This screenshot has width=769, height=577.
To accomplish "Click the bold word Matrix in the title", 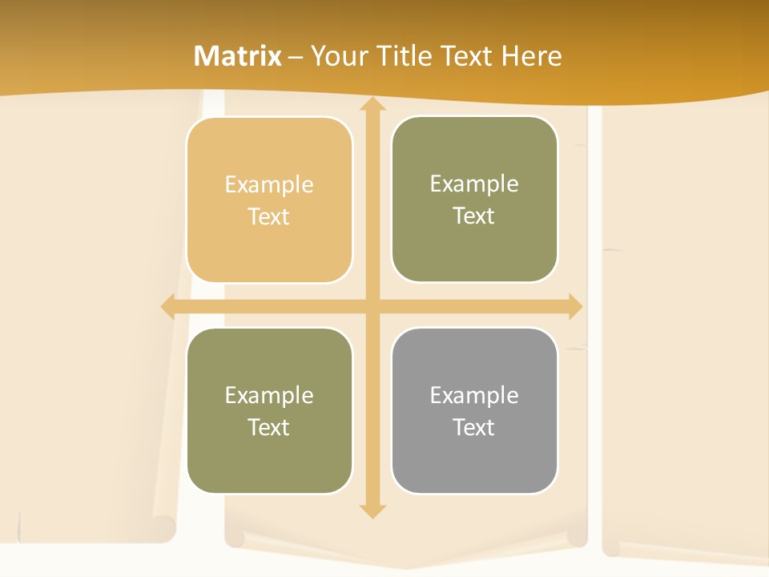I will point(238,56).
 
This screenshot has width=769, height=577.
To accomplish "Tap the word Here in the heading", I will point(531,56).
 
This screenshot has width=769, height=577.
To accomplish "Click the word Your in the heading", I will point(339,56).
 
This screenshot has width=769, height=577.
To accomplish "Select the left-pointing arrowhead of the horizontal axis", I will point(167,306).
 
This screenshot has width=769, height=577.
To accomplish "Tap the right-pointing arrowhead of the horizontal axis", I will point(575,306).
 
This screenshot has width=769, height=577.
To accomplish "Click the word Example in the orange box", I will point(269,185).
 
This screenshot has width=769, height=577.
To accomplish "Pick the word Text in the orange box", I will point(269,217).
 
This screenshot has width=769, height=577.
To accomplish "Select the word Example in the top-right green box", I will point(474,184).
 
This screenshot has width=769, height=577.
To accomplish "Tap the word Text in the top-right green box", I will point(474,216).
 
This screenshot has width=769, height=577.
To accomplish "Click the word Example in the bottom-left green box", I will point(269,396).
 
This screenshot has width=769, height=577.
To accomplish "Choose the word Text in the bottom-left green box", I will point(269,428).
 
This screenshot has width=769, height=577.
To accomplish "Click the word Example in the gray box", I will point(474,396).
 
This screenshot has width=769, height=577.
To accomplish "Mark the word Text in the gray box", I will point(474,428).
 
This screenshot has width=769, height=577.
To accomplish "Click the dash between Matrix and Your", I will point(296,57).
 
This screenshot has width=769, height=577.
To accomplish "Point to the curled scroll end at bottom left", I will point(163,529).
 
